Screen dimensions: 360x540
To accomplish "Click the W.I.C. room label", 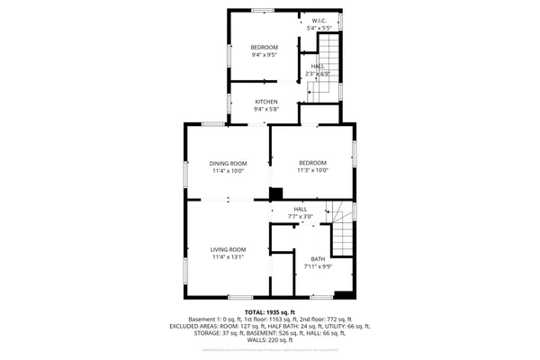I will point(319,21).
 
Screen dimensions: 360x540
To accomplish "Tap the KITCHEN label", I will point(265,102).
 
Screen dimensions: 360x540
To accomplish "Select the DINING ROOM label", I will point(229,163).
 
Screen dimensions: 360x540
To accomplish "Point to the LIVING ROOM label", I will point(229,249).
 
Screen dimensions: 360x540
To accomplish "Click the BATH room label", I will point(318,258).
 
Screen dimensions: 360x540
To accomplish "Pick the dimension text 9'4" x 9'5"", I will point(264,55).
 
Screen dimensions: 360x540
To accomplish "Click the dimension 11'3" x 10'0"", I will point(313,170).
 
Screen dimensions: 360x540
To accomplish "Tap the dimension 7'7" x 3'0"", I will point(300,217).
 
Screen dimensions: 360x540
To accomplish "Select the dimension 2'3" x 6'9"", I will point(318,73).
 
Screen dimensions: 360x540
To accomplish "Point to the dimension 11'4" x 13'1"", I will point(229,256).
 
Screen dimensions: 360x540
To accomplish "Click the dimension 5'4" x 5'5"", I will point(319,28).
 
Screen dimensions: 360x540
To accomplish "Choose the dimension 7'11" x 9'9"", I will point(318,265).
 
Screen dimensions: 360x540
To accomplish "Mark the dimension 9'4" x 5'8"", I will point(265,109).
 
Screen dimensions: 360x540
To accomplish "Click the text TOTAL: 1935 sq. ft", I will point(270,311).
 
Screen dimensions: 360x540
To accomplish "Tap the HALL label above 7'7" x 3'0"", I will point(300,210).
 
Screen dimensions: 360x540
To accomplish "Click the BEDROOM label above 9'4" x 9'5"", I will point(264,47).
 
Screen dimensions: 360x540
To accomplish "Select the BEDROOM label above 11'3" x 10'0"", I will point(313,163).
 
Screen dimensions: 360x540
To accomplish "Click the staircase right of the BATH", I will point(343,236).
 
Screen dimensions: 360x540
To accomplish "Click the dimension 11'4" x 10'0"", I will point(229,170).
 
